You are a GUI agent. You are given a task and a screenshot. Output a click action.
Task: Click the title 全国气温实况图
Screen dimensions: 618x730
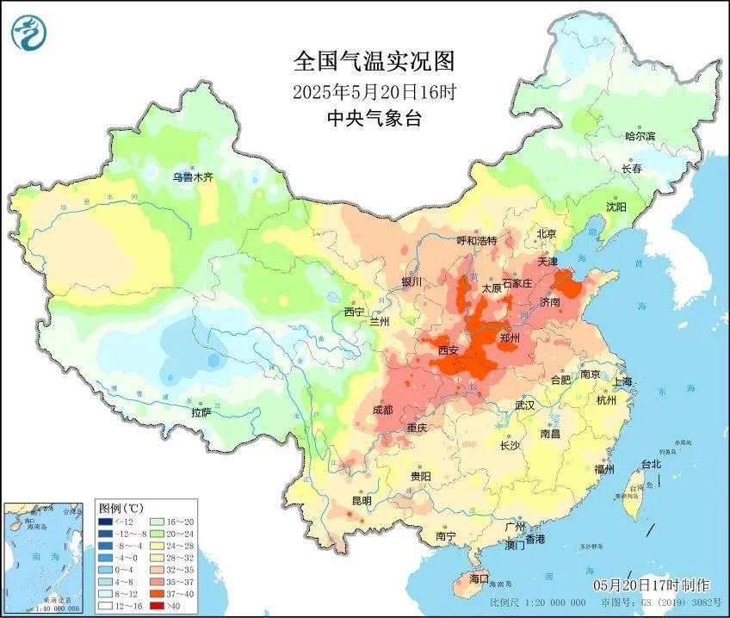(x=374, y=61)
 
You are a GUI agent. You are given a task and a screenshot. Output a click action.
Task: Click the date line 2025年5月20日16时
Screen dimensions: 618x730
(x=374, y=90)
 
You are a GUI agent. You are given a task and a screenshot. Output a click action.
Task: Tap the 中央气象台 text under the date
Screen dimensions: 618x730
(x=374, y=119)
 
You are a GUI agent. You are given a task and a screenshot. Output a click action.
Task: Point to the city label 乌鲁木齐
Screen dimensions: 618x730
(x=191, y=176)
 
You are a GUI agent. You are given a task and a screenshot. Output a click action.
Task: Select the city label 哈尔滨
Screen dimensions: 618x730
(x=640, y=136)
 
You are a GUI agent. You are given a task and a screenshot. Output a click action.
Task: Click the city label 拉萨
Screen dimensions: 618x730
(x=201, y=413)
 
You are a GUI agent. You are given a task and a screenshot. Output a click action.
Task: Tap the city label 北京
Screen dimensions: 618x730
(x=547, y=233)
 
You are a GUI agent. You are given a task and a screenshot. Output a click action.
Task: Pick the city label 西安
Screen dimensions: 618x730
(x=448, y=350)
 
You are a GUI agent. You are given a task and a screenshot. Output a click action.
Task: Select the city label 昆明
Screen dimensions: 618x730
(x=361, y=501)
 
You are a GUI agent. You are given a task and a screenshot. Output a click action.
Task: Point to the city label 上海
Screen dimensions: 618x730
(x=622, y=381)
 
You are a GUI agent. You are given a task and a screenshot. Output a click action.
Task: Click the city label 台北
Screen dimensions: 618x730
(x=651, y=464)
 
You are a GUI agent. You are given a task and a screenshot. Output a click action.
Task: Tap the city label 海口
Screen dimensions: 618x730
(x=478, y=578)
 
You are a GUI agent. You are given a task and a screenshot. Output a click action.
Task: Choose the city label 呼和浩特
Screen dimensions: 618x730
(x=476, y=241)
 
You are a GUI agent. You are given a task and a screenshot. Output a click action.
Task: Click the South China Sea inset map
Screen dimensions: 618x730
(x=46, y=555)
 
